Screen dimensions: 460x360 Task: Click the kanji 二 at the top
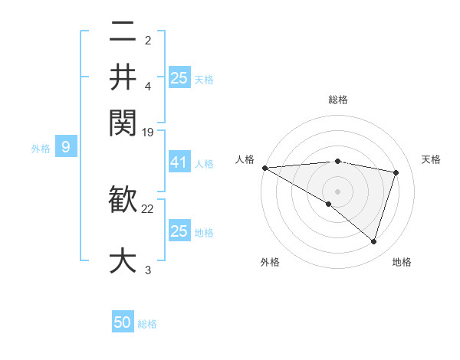(123, 31)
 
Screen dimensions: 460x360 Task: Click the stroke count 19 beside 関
(148, 133)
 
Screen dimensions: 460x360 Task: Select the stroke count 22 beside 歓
(148, 208)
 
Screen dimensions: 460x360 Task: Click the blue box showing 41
(179, 162)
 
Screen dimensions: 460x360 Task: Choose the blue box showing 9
(66, 147)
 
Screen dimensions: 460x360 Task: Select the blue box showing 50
(123, 322)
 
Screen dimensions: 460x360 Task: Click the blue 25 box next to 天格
(179, 77)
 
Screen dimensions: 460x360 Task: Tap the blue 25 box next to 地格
(179, 231)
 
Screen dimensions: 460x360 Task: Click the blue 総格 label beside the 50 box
(147, 324)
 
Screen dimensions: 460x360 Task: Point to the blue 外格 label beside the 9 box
(41, 149)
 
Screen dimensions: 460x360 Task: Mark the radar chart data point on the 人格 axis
(264, 168)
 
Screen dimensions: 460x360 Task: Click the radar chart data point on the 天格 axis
(396, 172)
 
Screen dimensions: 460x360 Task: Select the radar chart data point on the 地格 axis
(373, 241)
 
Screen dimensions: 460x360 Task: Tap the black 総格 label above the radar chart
(337, 100)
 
